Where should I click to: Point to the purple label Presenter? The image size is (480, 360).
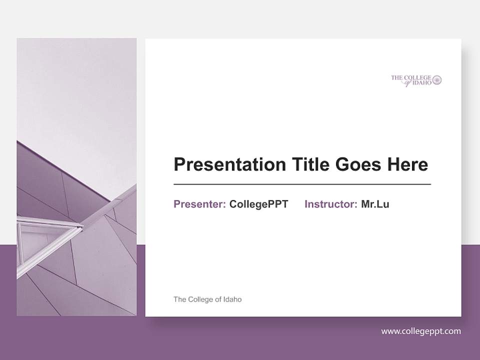coord(199,204)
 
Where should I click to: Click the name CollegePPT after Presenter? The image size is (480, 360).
coord(258,204)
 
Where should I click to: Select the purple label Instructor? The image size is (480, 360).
coord(330,204)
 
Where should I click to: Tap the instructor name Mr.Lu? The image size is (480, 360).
coord(375,204)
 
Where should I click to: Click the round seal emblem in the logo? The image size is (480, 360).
coord(437,80)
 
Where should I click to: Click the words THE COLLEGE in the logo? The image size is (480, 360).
coord(410,77)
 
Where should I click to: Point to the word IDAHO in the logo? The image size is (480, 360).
coord(422,83)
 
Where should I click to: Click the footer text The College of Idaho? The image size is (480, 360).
coord(207,299)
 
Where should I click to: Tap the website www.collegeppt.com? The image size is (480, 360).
coord(421,331)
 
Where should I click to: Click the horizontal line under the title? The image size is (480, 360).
coord(302,184)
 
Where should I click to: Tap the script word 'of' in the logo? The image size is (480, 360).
coord(408,83)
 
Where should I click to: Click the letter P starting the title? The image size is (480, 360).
coord(179,164)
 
